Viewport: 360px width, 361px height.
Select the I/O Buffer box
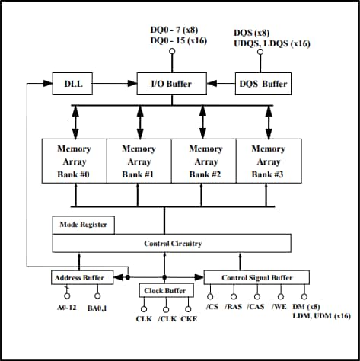click(x=164, y=83)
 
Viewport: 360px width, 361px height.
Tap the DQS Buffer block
click(x=263, y=83)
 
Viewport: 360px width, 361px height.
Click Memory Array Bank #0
click(x=74, y=161)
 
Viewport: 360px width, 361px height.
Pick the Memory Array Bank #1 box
click(x=139, y=161)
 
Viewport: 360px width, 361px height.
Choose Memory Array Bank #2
click(x=205, y=161)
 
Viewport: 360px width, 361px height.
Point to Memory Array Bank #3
click(x=269, y=161)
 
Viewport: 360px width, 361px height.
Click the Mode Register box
click(x=84, y=225)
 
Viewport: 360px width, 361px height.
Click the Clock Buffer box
click(x=164, y=291)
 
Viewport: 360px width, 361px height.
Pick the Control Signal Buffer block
click(x=257, y=276)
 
